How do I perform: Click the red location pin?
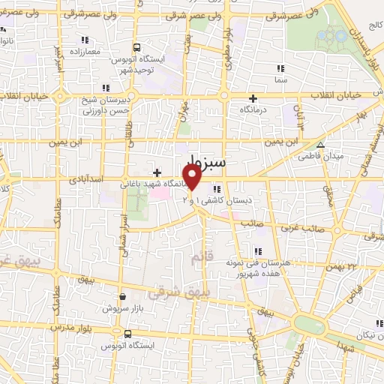(192, 178)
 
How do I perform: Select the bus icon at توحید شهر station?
(136, 46)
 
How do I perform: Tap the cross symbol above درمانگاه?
(253, 98)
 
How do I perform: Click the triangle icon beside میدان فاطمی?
(321, 146)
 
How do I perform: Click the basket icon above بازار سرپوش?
(122, 297)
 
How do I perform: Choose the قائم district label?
(197, 259)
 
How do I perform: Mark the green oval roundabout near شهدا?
(309, 324)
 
